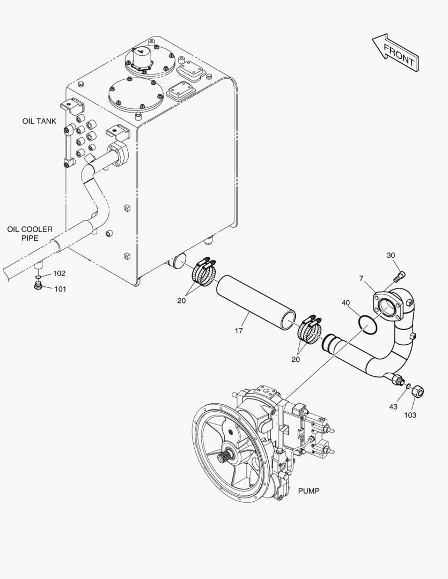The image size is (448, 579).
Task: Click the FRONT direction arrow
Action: coord(395,53)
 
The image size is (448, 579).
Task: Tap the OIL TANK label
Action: coord(39,121)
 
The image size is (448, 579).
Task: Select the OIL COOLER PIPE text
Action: coord(30,234)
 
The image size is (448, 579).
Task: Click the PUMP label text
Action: coord(309,491)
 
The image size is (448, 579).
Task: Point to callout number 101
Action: coord(60,289)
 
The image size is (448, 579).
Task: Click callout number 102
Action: coord(59,273)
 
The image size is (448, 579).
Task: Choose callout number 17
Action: coord(239,331)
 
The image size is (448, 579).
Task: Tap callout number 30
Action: coord(391,255)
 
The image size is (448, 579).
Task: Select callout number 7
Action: coord(362,278)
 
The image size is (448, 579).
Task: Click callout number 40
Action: coord(346,303)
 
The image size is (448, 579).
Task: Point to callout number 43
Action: coord(393,406)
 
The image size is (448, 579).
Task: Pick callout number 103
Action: coord(410,415)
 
